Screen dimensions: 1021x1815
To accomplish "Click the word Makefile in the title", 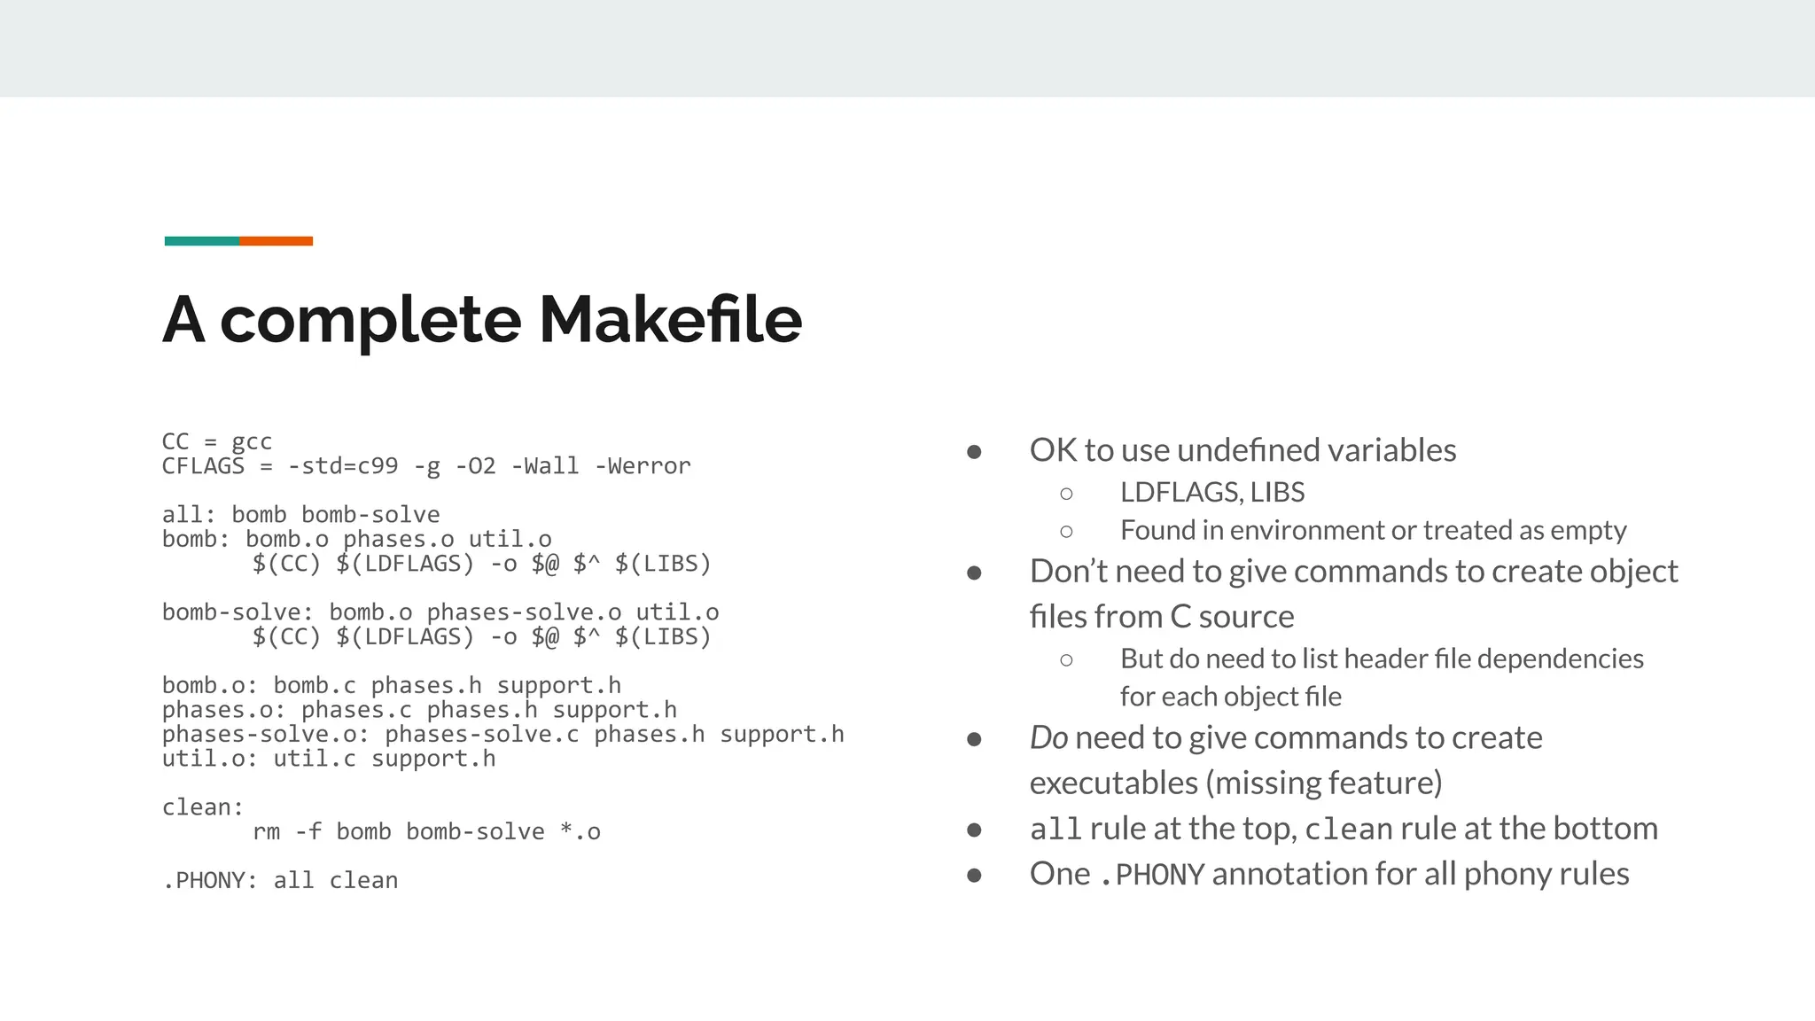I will [x=670, y=320].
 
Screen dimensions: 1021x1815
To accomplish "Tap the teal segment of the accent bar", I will [x=201, y=241].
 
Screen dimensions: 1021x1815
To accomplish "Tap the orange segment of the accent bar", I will [x=276, y=241].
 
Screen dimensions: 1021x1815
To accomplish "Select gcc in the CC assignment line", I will [x=252, y=441].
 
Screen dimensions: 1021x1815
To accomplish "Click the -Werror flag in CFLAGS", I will [x=649, y=466].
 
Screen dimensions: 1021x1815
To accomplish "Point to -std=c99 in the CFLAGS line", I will [x=343, y=466].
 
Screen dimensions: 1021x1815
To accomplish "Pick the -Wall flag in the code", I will [x=545, y=466].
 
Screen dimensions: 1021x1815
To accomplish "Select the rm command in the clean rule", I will [x=266, y=831].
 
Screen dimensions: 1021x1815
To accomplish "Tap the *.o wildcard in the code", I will [x=580, y=831].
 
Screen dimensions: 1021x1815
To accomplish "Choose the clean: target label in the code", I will [x=203, y=807].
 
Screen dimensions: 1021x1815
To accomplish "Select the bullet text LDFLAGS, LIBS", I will [x=1212, y=492].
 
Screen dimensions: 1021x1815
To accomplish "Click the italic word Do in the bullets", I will [x=1048, y=737].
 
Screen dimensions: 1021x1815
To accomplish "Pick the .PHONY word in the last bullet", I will [x=1151, y=875].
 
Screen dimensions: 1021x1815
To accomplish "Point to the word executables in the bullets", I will [x=1113, y=783].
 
